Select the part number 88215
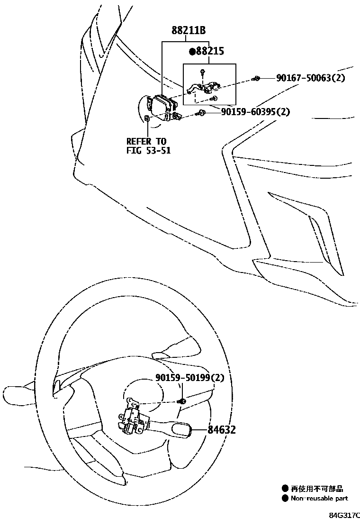pos(210,51)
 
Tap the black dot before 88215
pos(192,51)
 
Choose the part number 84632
pos(221,430)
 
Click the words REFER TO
pos(146,141)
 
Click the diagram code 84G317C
pos(344,514)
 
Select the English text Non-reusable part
pos(319,498)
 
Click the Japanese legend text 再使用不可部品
pos(317,488)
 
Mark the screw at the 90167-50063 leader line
pos(256,78)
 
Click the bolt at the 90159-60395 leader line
pos(202,113)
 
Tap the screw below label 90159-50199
pos(180,402)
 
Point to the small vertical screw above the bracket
pos(202,73)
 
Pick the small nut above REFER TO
pos(147,118)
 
